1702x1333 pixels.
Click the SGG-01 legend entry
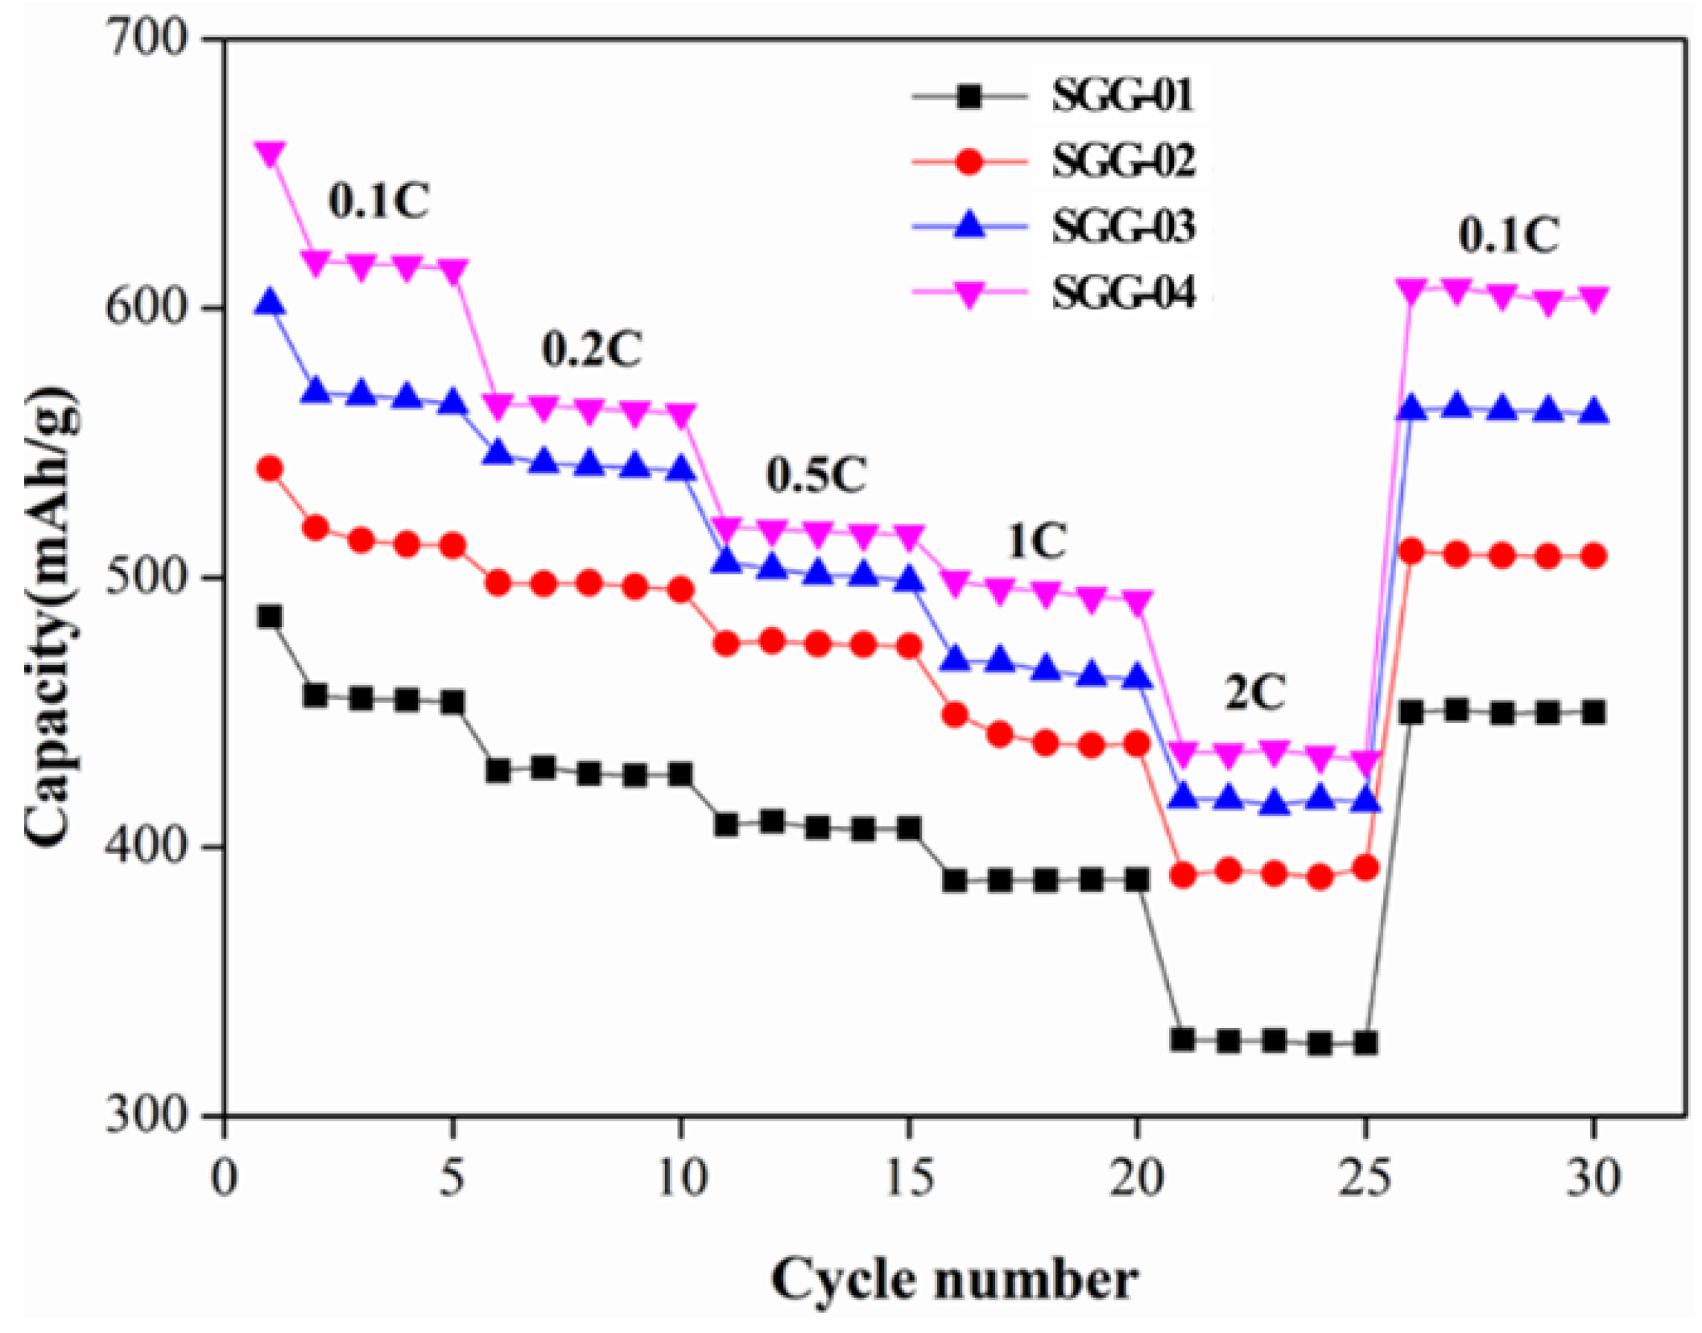[x=1124, y=96]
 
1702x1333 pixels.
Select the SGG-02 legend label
[x=1124, y=161]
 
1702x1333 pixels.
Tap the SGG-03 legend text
[x=1124, y=226]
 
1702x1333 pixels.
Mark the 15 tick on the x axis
[x=910, y=1178]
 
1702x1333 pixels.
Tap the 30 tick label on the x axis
[x=1593, y=1178]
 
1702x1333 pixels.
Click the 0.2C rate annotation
[x=592, y=350]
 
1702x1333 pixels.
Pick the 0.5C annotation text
[x=816, y=475]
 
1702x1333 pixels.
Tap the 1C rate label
[x=1036, y=541]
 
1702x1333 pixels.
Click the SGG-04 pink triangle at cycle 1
[x=270, y=154]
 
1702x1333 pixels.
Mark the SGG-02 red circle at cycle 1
[x=270, y=468]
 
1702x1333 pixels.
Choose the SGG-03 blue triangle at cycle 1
[x=270, y=302]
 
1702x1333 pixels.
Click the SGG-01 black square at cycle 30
[x=1593, y=712]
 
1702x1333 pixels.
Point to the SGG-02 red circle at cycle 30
[x=1593, y=556]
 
